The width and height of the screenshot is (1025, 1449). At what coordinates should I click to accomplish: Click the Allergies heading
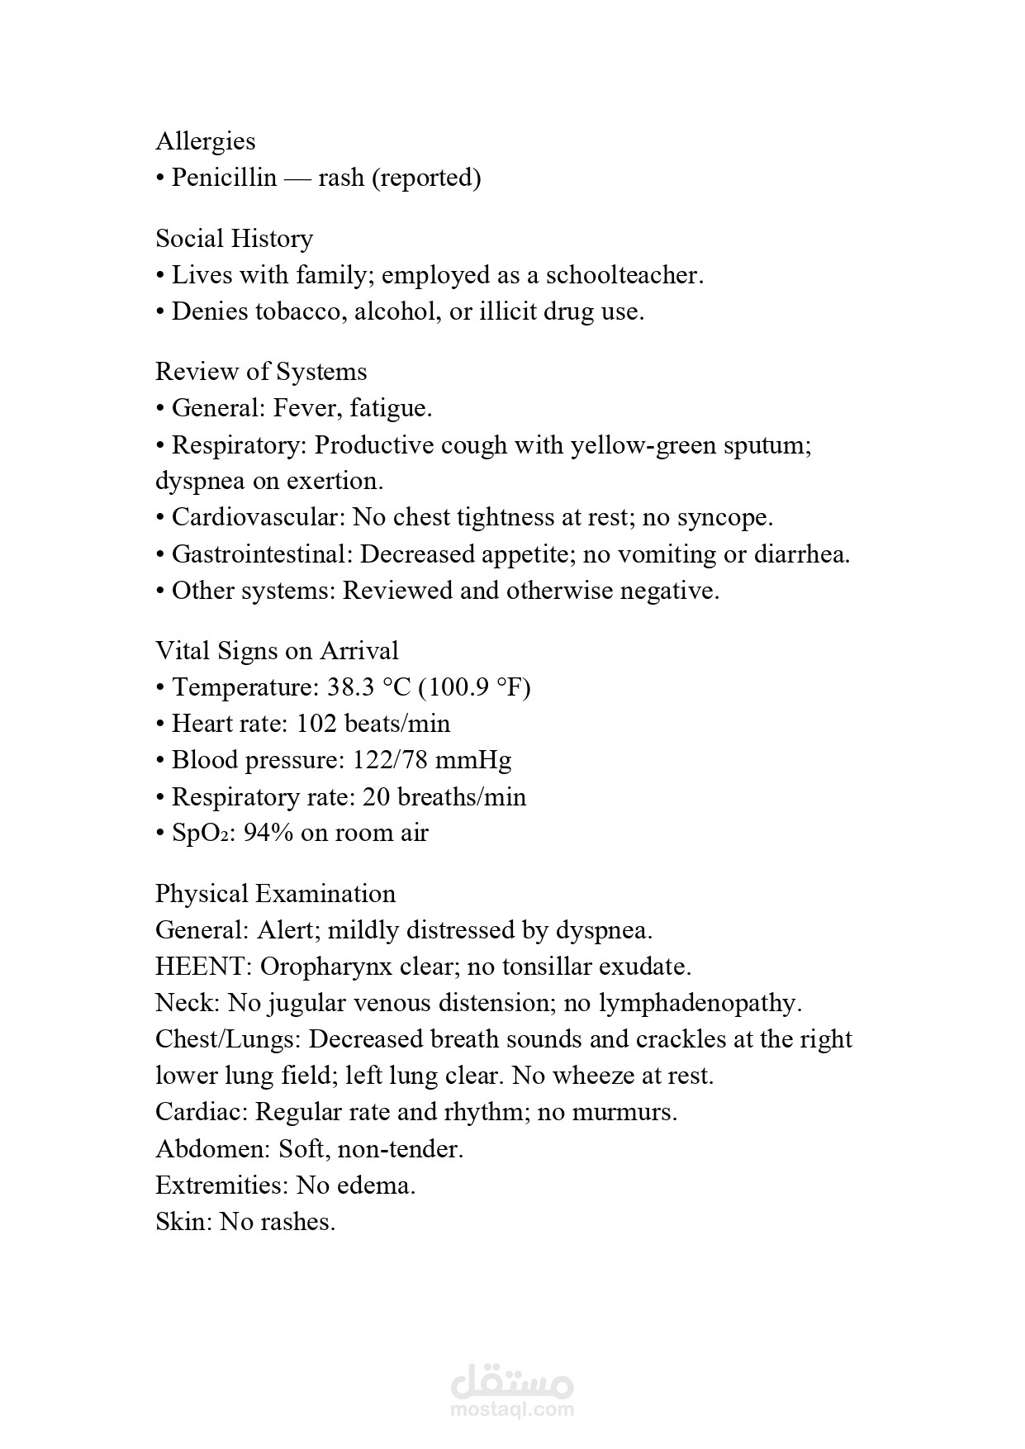click(206, 141)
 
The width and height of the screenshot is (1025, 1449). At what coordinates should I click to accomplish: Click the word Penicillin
click(224, 178)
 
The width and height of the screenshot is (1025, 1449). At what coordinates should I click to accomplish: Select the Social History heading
click(235, 239)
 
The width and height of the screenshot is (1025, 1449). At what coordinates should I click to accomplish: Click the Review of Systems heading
click(261, 372)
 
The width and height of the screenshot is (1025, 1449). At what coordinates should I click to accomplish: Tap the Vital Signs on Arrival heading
click(277, 651)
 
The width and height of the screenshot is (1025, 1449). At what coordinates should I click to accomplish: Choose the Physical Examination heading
click(275, 894)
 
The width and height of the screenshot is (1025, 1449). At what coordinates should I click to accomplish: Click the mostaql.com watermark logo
click(512, 1388)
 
